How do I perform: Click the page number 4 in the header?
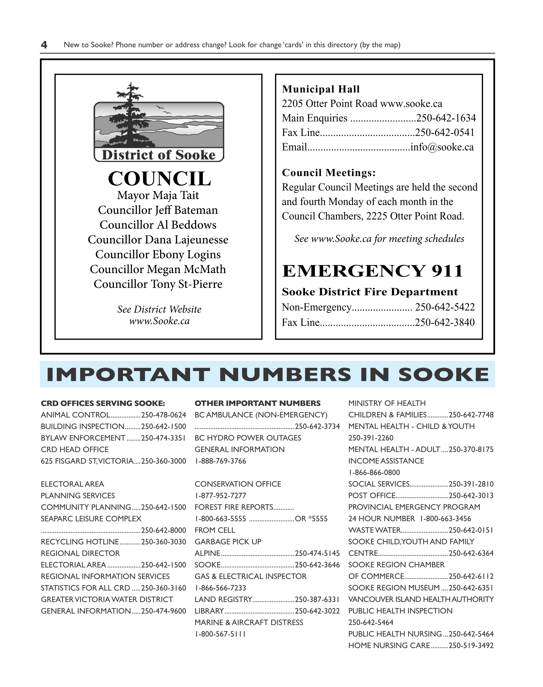(x=44, y=45)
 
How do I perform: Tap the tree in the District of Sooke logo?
(x=130, y=115)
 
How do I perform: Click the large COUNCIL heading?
(x=159, y=179)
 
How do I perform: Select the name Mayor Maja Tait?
(x=158, y=195)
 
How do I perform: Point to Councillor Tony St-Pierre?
(x=158, y=284)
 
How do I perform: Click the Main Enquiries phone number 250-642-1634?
(x=446, y=118)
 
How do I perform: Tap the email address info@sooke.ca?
(x=442, y=147)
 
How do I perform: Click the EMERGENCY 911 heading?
(x=372, y=271)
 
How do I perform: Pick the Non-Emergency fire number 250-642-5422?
(x=445, y=307)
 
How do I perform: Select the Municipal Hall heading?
(x=321, y=89)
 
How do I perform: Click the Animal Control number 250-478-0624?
(x=164, y=415)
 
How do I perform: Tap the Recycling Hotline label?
(x=80, y=542)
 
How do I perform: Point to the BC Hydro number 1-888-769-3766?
(x=220, y=461)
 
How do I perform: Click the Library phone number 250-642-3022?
(x=317, y=611)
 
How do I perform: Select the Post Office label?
(x=372, y=496)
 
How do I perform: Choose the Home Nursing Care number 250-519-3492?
(x=471, y=645)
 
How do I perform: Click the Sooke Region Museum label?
(x=394, y=588)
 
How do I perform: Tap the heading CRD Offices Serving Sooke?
(x=103, y=403)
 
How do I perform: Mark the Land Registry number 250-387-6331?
(x=317, y=599)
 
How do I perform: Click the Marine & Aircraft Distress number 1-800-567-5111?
(x=220, y=634)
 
